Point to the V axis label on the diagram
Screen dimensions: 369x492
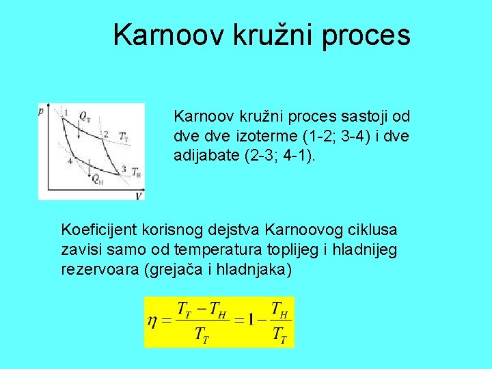[139, 196]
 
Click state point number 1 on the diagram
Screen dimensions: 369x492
[66, 111]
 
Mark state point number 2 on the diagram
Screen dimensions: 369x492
[105, 134]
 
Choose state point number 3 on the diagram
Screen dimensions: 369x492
[124, 169]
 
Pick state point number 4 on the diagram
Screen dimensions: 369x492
[70, 161]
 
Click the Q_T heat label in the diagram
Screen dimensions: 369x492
[85, 116]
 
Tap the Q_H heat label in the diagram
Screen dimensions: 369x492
[97, 180]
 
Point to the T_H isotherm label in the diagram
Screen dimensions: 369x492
[137, 172]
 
